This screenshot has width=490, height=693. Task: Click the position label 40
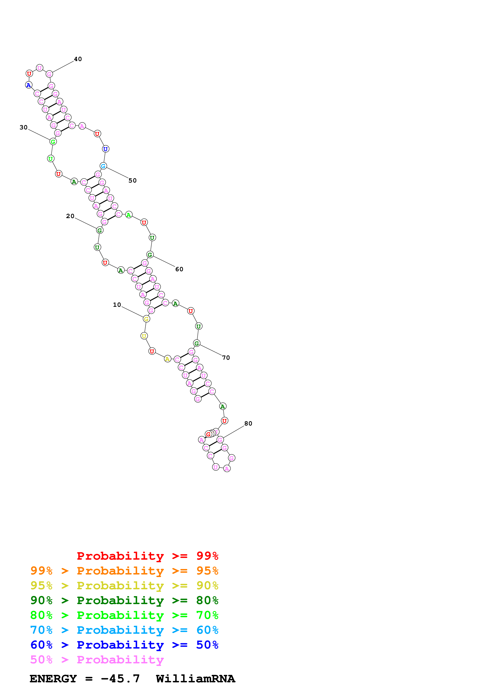tap(78, 59)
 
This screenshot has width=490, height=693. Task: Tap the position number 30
tap(24, 127)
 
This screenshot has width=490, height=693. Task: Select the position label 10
tap(117, 305)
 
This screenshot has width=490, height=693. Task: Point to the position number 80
tap(248, 424)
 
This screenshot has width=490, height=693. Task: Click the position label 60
tap(179, 269)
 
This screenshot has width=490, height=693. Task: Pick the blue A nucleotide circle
tap(29, 85)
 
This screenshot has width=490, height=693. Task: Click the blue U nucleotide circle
tap(105, 149)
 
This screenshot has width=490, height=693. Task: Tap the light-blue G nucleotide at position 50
tap(103, 166)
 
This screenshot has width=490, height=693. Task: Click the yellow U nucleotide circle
tap(144, 336)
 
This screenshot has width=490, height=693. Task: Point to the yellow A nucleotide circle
tap(167, 359)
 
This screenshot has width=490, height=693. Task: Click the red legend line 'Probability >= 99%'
tap(147, 556)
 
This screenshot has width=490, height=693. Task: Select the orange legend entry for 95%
tap(124, 571)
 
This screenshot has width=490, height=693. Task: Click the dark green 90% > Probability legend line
tap(124, 600)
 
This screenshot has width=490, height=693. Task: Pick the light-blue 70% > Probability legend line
tap(124, 630)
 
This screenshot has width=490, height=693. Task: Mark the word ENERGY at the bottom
tap(53, 679)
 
